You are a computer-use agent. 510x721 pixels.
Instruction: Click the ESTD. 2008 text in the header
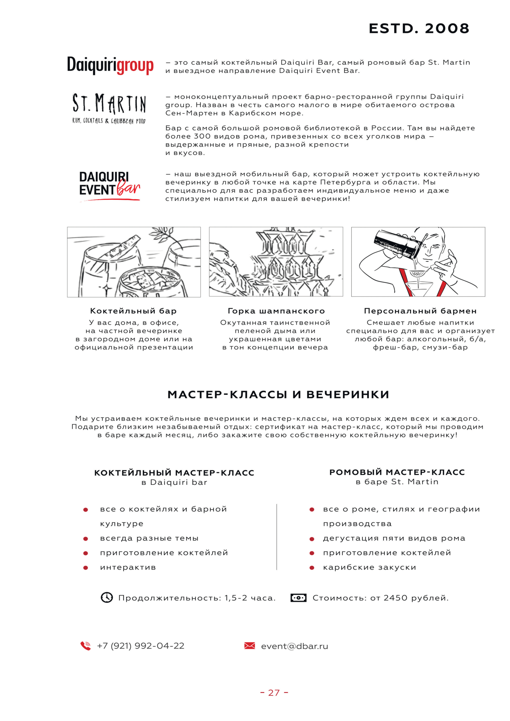419,29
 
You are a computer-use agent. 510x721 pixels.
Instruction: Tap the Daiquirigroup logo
110,65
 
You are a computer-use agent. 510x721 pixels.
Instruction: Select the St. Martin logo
109,108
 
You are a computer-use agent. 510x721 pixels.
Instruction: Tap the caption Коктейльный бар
134,311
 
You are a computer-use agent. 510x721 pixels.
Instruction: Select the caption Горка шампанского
276,311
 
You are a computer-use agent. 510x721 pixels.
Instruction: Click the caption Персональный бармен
420,311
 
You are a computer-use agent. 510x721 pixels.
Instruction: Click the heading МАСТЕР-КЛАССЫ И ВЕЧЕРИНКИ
278,395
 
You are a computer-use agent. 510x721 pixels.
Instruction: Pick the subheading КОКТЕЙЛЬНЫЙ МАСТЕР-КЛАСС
174,473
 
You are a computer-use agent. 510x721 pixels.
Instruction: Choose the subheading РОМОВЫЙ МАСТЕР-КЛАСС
397,472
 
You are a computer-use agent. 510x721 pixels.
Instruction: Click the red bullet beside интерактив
85,568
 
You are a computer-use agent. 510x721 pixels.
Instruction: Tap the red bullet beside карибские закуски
312,568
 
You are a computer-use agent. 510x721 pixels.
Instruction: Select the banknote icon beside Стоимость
298,598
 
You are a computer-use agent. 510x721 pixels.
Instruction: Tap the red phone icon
85,646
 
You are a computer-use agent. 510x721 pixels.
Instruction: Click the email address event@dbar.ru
294,646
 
